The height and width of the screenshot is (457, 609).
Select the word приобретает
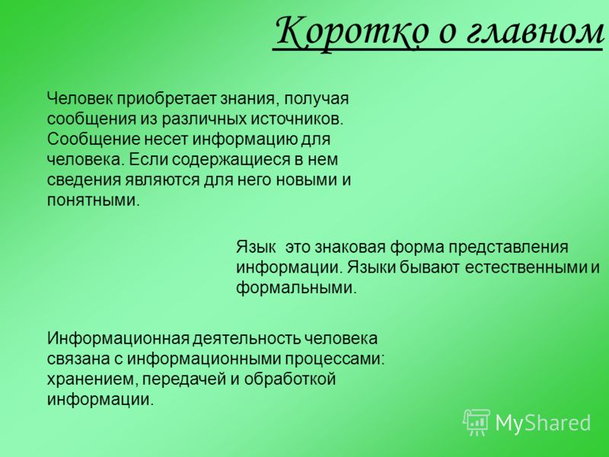tap(167, 99)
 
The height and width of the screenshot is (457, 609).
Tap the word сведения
tap(84, 181)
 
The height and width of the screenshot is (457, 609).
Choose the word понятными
tap(93, 201)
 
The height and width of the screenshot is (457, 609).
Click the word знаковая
tap(350, 247)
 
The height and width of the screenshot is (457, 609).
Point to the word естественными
tap(526, 268)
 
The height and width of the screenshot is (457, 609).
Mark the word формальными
tap(296, 289)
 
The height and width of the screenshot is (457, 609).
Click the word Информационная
tap(118, 338)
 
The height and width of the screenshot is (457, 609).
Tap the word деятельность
tap(247, 338)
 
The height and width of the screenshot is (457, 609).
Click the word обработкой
tap(290, 379)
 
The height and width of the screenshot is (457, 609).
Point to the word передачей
tap(184, 379)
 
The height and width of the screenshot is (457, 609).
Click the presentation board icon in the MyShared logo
tap(477, 422)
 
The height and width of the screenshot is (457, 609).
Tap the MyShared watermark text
tap(543, 423)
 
